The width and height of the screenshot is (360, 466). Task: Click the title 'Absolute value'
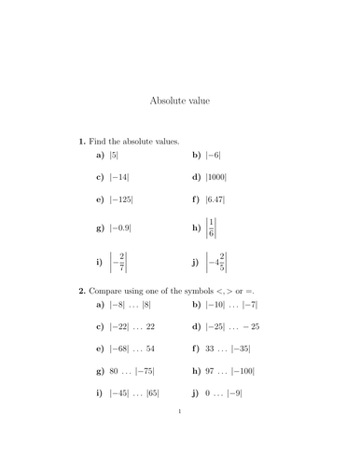pos(180,100)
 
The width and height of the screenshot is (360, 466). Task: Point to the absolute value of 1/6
pos(212,227)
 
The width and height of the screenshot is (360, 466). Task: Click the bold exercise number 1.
pos(81,141)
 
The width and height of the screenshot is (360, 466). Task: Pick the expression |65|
pos(152,394)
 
